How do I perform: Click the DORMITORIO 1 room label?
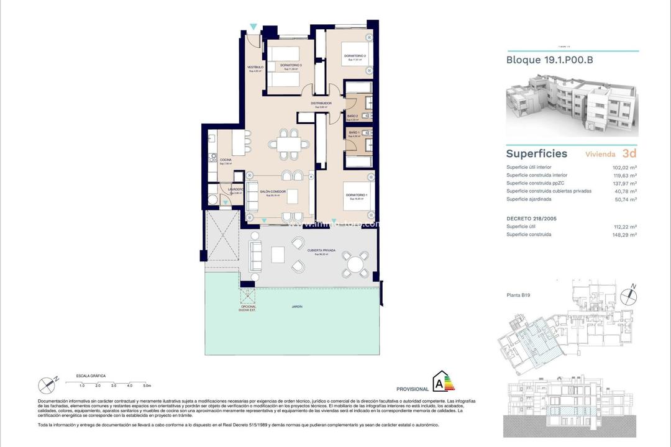[x=357, y=196]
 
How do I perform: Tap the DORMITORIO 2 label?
[x=355, y=56]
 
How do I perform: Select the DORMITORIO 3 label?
[x=291, y=65]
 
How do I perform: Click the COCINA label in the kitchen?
[x=226, y=160]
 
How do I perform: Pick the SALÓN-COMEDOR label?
[x=273, y=192]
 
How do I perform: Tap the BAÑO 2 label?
[x=352, y=116]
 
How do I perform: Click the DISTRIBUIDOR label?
[x=321, y=103]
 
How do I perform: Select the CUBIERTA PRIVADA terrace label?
[x=321, y=250]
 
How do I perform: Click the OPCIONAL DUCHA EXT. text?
[x=249, y=309]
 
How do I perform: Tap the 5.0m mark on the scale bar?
[x=147, y=386]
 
